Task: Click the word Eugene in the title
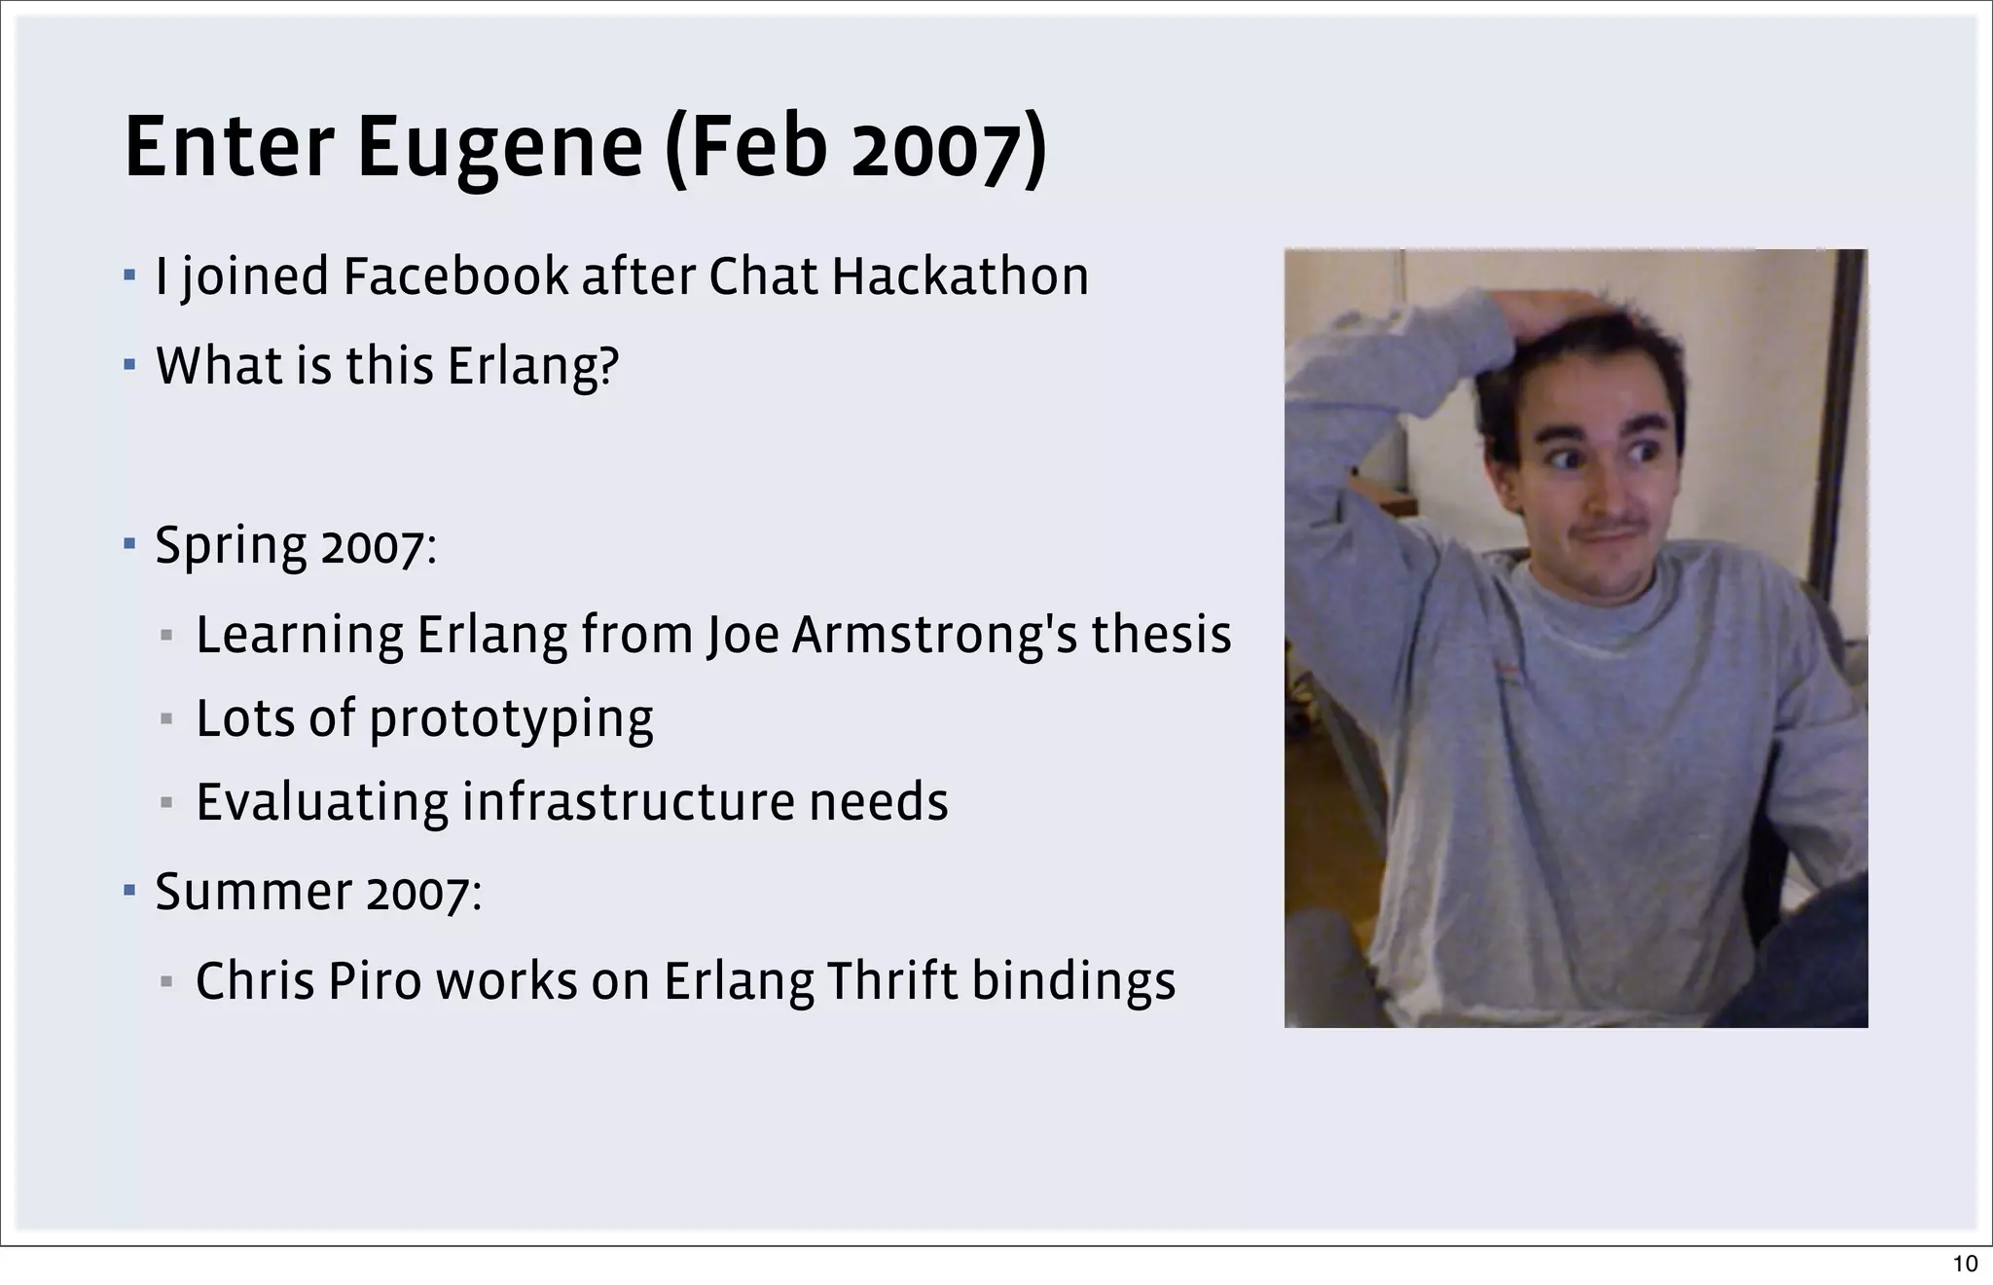pos(499,148)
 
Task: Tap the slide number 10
pos(1965,1264)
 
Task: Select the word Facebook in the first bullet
pos(454,276)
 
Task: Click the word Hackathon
pos(960,276)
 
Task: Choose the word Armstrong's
pos(934,635)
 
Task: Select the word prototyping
pos(511,720)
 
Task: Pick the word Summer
pos(253,891)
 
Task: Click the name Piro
pos(375,980)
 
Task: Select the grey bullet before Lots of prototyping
pos(166,720)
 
